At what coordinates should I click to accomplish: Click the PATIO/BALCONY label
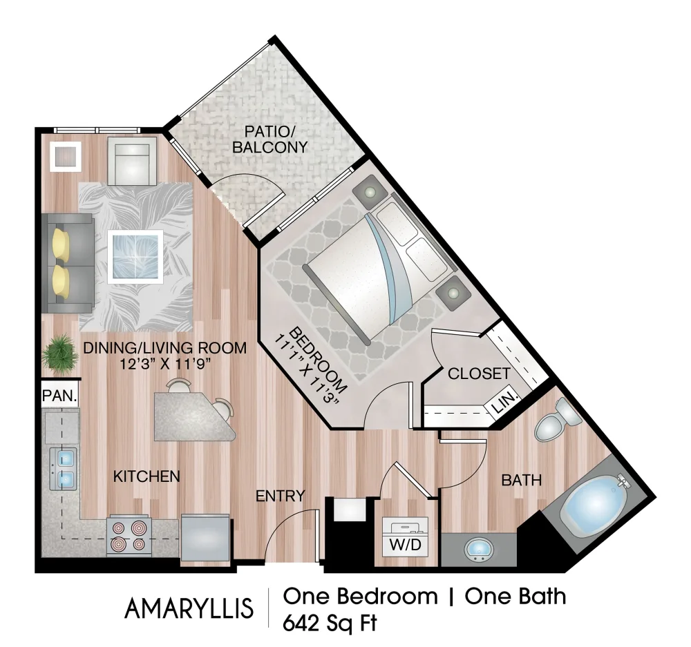tap(269, 138)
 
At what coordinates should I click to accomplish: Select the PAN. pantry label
tap(59, 396)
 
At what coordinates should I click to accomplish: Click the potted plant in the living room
tap(60, 352)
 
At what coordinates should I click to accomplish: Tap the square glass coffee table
tap(135, 255)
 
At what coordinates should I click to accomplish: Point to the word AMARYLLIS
tap(189, 608)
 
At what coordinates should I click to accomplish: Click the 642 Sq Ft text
tap(330, 623)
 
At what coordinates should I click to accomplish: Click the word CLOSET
tap(479, 374)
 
